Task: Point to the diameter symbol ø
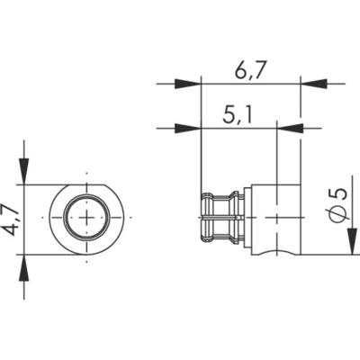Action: (337, 214)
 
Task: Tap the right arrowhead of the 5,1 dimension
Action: (289, 128)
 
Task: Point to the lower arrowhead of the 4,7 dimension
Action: (24, 266)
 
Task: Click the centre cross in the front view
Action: (87, 219)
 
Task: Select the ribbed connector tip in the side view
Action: (220, 219)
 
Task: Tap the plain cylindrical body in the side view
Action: (274, 219)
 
